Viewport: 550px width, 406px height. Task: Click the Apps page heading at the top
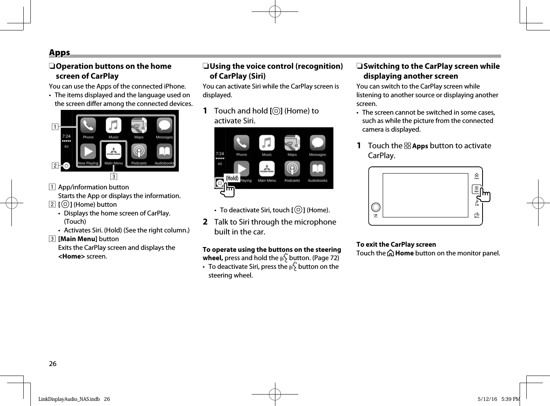[x=60, y=53]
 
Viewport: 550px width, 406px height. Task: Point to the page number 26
[x=52, y=364]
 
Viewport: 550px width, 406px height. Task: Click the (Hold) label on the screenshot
[x=232, y=178]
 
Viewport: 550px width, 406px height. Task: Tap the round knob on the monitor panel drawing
[x=376, y=207]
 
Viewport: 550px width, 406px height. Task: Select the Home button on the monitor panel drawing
[x=477, y=176]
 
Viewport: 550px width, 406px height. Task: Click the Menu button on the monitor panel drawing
[x=477, y=215]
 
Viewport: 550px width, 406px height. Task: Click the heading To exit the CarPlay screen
[x=396, y=244]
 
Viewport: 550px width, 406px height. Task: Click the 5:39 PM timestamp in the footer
[x=511, y=399]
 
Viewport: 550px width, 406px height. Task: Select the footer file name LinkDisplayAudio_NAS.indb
[x=69, y=399]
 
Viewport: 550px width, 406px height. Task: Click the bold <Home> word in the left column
[x=71, y=256]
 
